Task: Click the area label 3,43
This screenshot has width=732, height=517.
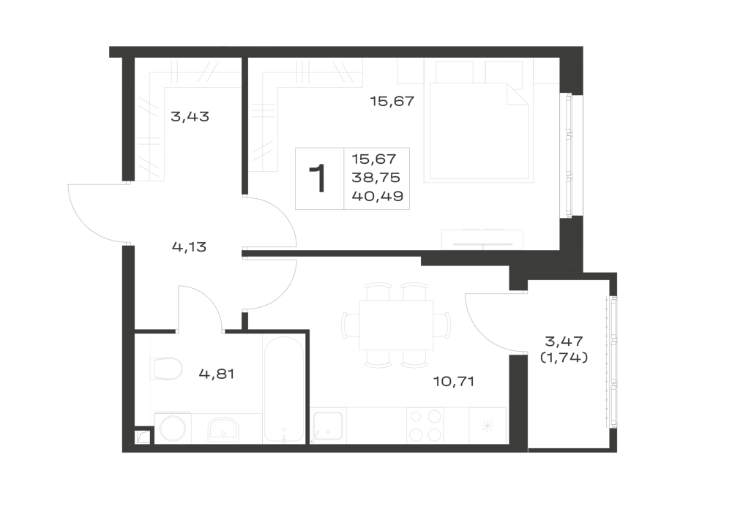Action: click(190, 116)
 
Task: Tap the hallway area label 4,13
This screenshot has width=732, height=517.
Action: click(189, 246)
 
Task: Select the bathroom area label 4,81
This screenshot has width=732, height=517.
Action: click(216, 374)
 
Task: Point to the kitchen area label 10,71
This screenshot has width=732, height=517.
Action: click(454, 381)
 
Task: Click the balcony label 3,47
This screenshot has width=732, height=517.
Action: click(564, 341)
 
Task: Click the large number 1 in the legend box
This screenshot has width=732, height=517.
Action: click(318, 178)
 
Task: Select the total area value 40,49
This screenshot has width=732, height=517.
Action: click(378, 196)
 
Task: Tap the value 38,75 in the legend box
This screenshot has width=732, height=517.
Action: click(376, 178)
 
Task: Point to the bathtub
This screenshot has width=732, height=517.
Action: click(283, 388)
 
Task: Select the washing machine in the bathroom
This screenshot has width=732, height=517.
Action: click(173, 429)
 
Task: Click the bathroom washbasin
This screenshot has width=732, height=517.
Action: click(223, 429)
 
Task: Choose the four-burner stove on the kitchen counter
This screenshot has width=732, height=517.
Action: click(425, 426)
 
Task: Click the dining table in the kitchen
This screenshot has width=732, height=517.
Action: click(396, 325)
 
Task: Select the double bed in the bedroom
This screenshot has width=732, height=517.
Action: click(479, 132)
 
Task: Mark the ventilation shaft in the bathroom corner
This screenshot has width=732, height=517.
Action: click(143, 437)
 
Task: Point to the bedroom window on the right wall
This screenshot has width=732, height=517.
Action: click(569, 155)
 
